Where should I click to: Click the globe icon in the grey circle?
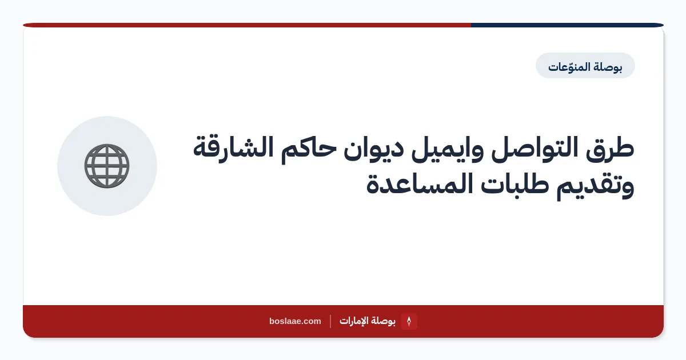107,166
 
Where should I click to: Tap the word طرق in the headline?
610,149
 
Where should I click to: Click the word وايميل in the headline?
447,150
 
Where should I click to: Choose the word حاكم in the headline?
309,150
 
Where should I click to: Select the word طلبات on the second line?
514,183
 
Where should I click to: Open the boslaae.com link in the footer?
295,321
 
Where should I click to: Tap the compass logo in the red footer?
409,321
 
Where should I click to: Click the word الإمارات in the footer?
353,321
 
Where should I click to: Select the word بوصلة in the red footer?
382,321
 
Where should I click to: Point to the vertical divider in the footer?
330,321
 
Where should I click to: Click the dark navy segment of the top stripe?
567,25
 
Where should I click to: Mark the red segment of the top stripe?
247,25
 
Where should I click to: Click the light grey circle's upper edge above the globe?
107,117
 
